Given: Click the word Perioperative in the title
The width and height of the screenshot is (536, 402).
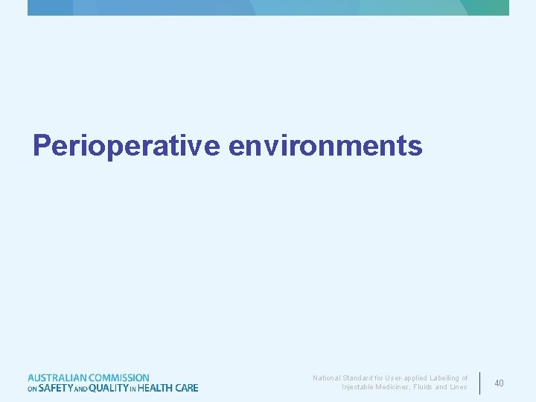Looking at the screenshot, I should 126,145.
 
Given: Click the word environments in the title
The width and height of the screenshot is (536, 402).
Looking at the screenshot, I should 325,145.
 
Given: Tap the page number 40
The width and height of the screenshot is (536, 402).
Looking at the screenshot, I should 499,383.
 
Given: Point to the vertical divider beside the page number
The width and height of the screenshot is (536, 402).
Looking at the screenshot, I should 480,383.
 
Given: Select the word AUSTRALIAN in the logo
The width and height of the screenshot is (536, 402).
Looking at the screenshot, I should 57,378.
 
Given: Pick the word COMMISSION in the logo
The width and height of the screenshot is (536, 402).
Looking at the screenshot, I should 119,378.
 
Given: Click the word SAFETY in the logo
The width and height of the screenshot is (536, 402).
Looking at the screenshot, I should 55,388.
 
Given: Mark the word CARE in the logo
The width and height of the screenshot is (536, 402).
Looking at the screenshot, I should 187,388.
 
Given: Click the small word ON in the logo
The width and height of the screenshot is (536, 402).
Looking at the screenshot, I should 32,389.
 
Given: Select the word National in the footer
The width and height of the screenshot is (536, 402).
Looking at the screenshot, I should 327,378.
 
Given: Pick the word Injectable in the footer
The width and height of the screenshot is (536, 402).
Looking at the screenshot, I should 358,387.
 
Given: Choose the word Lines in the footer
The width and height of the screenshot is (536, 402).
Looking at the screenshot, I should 459,387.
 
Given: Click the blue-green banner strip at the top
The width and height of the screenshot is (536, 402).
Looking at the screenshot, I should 268,7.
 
